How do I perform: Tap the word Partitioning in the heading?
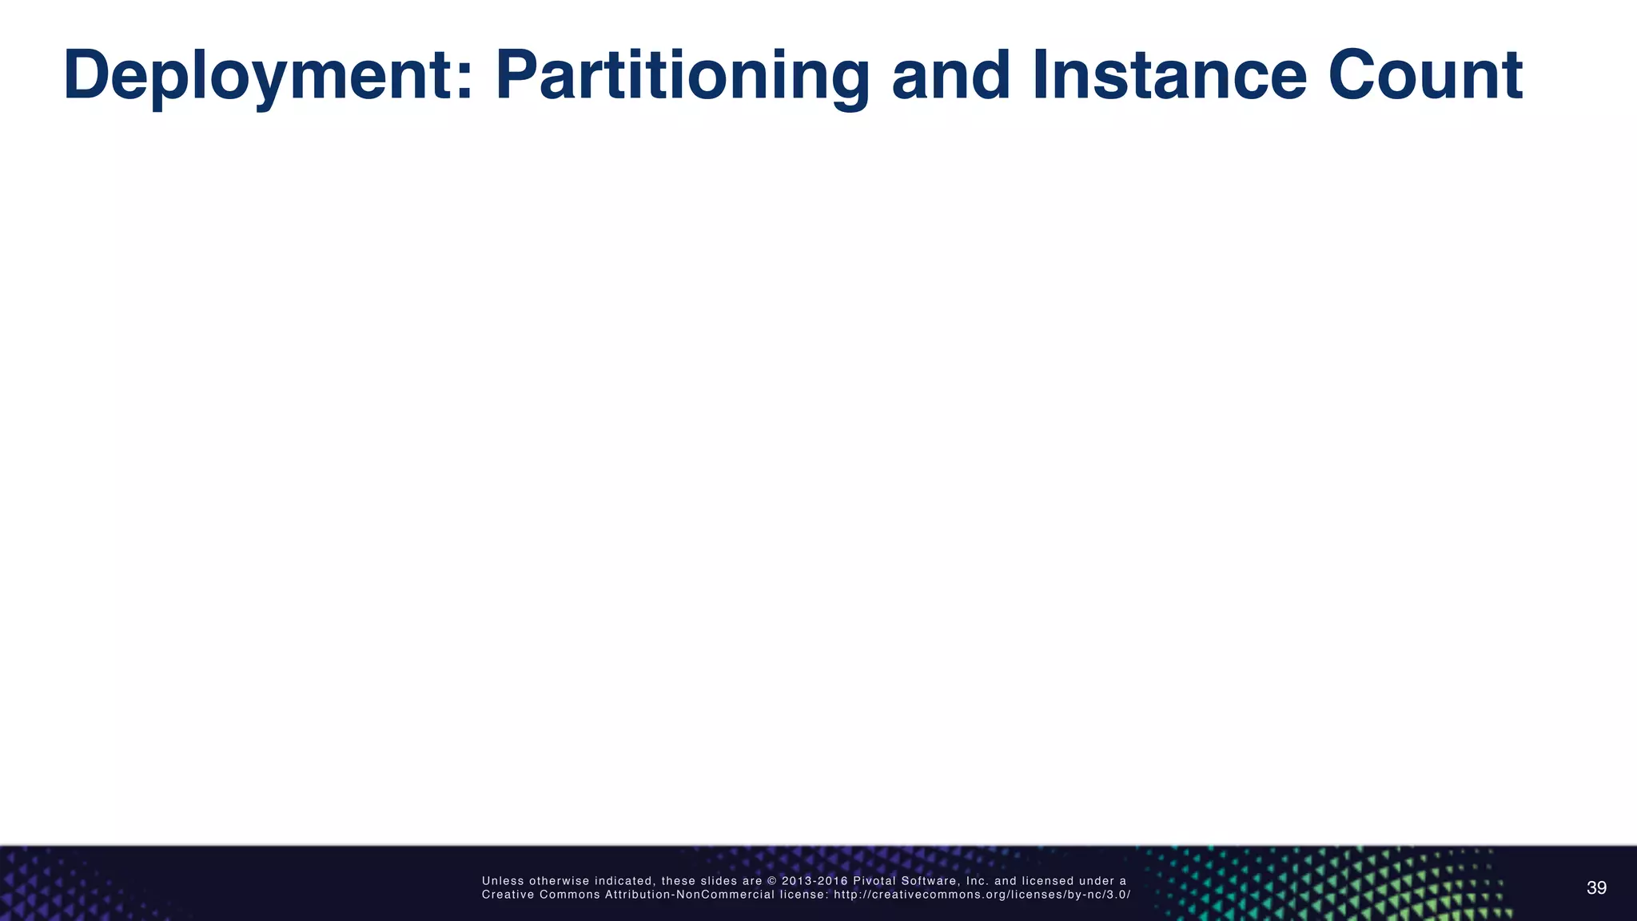(682, 76)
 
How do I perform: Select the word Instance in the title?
(1169, 76)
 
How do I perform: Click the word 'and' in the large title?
(950, 76)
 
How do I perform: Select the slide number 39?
(1596, 888)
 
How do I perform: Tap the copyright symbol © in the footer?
(771, 881)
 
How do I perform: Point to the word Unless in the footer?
(502, 881)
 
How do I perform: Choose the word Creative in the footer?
(508, 895)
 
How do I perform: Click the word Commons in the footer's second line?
(569, 895)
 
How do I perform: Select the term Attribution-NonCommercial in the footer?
(689, 895)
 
